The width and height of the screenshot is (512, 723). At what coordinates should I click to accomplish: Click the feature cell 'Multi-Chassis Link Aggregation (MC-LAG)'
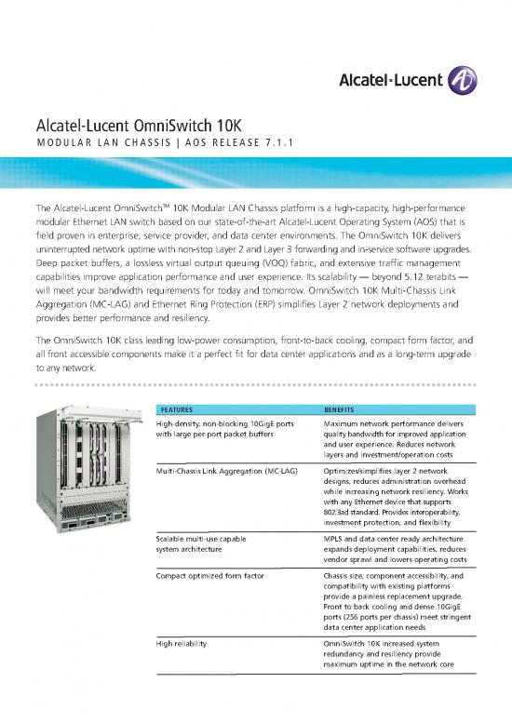tap(225, 472)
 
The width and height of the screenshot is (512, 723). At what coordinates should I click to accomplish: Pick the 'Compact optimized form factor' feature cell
tap(209, 578)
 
